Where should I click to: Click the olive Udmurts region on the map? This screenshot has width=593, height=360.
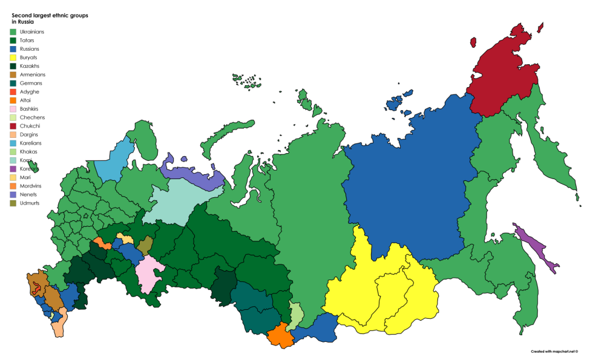point(145,245)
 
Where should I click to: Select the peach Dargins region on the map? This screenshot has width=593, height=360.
point(59,327)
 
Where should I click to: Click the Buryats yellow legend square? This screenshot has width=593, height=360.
point(13,57)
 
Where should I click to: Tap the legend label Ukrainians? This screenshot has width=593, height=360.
point(31,31)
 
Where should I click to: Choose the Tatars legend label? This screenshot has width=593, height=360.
point(27,40)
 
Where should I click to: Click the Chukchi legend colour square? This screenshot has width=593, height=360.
point(13,126)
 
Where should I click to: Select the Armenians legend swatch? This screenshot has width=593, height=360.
point(13,74)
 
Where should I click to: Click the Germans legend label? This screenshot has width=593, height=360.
point(30,83)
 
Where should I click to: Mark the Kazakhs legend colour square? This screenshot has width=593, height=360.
point(13,66)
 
